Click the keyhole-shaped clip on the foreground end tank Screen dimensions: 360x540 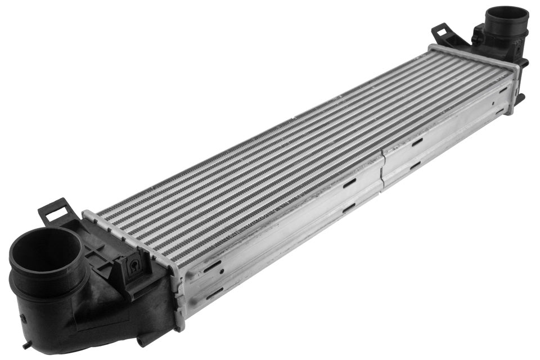(x=134, y=267)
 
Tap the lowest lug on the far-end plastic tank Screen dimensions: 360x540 (x=520, y=98)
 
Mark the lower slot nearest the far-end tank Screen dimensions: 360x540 (x=500, y=111)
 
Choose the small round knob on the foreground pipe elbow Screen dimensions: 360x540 (x=23, y=318)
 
